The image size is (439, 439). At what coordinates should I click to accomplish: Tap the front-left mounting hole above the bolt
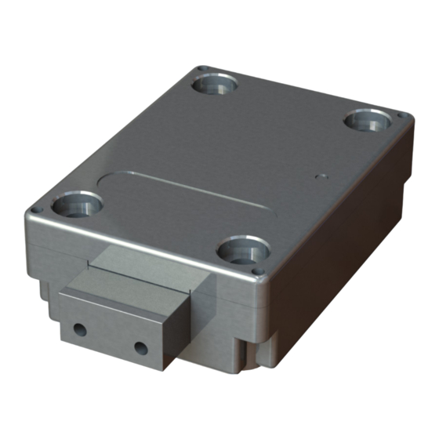click(x=77, y=206)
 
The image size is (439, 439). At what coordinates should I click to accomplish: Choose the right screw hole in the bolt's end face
click(x=140, y=346)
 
